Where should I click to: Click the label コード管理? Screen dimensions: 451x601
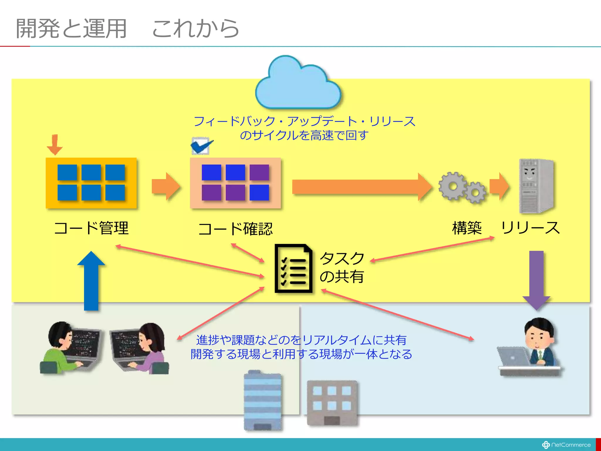tap(91, 228)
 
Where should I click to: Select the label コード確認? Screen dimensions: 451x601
tap(235, 229)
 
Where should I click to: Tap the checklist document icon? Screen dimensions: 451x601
tap(293, 268)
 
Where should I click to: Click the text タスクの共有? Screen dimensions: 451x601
tap(342, 267)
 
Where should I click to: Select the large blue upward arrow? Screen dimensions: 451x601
tap(91, 280)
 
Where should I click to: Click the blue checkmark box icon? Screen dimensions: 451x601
tap(201, 146)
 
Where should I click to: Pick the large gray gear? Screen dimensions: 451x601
tap(452, 186)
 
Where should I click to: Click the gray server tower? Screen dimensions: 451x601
tap(536, 186)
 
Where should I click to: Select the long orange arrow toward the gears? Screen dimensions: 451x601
tap(361, 187)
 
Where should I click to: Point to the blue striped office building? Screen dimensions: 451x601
tap(262, 401)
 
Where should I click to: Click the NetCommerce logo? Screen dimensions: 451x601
tap(566, 445)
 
